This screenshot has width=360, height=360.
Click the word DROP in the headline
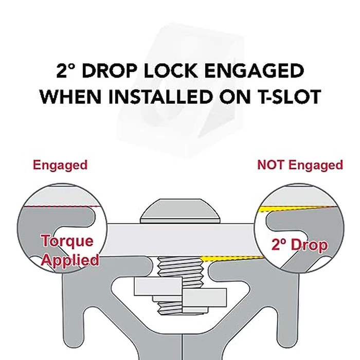[x=111, y=70]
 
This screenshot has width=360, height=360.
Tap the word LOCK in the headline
[x=171, y=70]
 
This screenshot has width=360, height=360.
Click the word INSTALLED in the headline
[x=160, y=97]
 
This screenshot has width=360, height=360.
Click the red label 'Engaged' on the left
[x=60, y=165]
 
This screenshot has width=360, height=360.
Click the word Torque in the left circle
[x=67, y=241]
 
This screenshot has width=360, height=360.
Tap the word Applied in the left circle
[x=70, y=261]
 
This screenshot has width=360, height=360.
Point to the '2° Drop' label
[x=299, y=245]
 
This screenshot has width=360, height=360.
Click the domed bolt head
[x=181, y=211]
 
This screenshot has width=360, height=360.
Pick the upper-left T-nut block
[x=158, y=286]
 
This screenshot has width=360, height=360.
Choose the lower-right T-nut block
[x=204, y=298]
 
